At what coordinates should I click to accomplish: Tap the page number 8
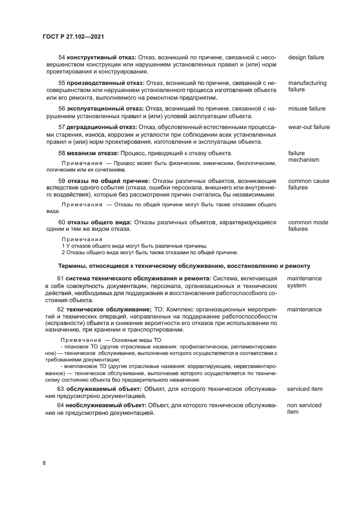(x=44, y=463)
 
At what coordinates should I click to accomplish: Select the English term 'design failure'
(x=306, y=57)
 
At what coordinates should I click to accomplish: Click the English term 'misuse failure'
(x=307, y=108)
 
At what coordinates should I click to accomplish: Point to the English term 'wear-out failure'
(x=309, y=127)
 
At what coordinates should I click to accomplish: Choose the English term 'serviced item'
(x=305, y=389)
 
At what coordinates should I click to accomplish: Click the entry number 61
(x=61, y=279)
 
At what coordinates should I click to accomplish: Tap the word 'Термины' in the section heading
(x=72, y=266)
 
